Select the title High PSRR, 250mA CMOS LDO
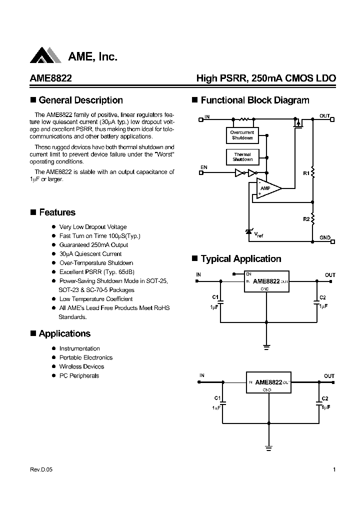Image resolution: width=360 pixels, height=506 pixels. pos(265,79)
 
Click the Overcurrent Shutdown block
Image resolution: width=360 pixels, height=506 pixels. pos(242,135)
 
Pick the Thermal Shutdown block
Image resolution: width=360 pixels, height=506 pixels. pos(242,157)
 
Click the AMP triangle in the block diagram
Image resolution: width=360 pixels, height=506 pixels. pos(267,189)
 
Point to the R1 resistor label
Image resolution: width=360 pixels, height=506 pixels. pos(305,172)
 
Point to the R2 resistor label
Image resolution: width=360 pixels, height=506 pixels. pos(305,218)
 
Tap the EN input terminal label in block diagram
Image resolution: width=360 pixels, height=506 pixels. pos(203,166)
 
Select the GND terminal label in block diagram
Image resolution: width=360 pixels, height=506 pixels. pos(324,237)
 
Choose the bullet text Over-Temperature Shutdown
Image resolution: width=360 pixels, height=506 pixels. pos(96,263)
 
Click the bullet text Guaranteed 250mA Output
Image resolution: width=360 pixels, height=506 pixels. pos(93,245)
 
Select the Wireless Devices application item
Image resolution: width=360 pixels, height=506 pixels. pos(81,366)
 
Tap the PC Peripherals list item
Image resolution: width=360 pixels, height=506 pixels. pos(79,375)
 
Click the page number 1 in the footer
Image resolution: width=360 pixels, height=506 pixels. pos(334,470)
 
